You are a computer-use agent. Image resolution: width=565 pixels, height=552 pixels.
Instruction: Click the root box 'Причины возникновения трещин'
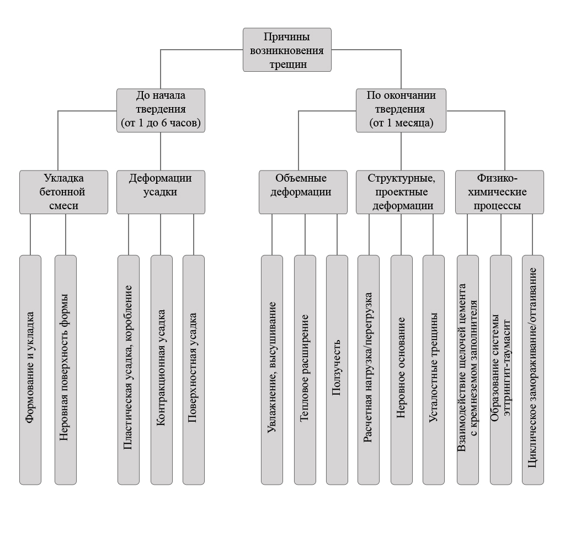(287, 50)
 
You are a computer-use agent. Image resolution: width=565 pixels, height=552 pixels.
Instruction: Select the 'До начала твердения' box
(161, 110)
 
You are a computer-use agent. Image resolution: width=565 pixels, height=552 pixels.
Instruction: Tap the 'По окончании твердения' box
(401, 110)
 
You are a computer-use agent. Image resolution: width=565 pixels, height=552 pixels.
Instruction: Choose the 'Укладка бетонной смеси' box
(64, 192)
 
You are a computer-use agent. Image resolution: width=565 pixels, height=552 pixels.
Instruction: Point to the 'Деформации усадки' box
(161, 192)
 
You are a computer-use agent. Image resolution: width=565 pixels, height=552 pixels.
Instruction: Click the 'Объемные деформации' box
(303, 192)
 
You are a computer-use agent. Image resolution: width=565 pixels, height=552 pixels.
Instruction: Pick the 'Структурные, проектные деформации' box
(401, 192)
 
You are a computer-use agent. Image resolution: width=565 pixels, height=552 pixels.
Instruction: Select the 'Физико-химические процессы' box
(499, 192)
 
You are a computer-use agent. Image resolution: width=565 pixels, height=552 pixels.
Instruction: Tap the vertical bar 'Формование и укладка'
(30, 370)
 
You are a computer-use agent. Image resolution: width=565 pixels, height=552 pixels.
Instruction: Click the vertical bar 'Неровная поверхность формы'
(66, 370)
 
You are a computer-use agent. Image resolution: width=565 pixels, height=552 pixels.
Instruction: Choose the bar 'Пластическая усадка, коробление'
(129, 370)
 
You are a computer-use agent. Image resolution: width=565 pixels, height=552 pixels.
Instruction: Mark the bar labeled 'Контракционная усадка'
(162, 370)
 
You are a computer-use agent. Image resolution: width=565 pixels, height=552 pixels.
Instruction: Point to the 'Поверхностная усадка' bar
(194, 370)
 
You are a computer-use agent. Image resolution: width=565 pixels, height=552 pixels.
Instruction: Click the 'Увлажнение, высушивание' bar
(272, 370)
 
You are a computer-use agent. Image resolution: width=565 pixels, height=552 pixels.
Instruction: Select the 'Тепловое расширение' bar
(305, 370)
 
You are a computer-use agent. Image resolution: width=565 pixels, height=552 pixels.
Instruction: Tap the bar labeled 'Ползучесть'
(337, 370)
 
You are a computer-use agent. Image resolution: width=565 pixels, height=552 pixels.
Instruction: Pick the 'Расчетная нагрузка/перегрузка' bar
(369, 370)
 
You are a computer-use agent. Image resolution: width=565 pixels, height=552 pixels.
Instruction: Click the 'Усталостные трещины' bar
(434, 370)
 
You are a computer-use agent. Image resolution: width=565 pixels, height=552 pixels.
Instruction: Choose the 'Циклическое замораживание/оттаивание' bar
(533, 370)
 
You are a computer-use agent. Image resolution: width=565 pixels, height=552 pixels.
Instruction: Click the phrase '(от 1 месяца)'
(401, 123)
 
